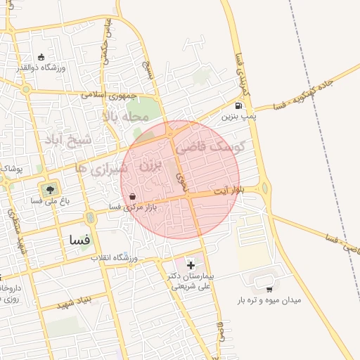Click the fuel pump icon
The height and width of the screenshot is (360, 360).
tap(239, 106)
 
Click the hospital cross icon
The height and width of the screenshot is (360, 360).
tap(191, 265)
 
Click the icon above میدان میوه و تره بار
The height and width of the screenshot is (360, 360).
tap(269, 289)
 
